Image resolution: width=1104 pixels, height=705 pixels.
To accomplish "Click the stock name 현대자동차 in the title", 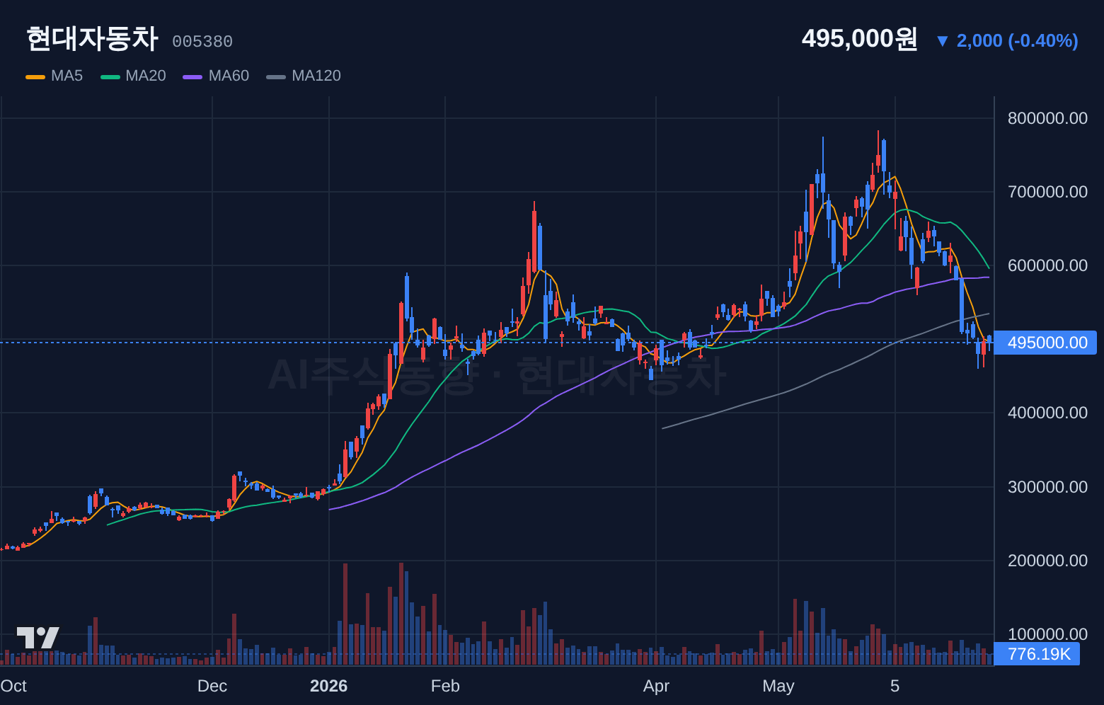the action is (x=92, y=39).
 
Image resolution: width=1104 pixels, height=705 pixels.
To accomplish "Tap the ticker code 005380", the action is (x=202, y=42).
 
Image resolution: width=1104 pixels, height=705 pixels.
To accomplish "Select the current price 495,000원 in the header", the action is (x=860, y=39).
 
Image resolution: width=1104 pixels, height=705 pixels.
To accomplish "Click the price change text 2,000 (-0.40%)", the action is (x=1017, y=41).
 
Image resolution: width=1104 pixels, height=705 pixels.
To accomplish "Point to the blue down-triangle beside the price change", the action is (x=943, y=41).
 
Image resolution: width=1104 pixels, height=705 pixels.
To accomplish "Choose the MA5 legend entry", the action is (x=54, y=76).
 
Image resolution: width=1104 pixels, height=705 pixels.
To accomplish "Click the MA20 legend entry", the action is (x=133, y=76).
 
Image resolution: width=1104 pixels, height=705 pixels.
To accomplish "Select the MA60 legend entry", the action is (x=216, y=76).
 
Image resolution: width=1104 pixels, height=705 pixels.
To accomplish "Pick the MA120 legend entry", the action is (x=303, y=76).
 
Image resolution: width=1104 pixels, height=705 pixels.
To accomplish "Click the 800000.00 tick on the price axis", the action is (x=1047, y=118).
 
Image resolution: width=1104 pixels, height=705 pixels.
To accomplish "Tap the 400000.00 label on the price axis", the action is (x=1047, y=413).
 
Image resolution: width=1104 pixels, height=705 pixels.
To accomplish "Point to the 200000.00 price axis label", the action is (x=1047, y=561).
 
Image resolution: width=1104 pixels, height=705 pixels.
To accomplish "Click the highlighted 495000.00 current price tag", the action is (x=1045, y=343).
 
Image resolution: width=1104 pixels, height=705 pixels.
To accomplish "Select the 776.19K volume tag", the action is (x=1037, y=654).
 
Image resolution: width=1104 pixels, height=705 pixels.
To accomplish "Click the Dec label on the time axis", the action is (x=212, y=686).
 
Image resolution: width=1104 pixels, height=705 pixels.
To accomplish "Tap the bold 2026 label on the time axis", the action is (x=329, y=686).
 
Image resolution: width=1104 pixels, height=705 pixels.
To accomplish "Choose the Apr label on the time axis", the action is (x=656, y=686).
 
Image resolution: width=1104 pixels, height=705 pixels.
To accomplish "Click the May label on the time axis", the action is (x=778, y=686).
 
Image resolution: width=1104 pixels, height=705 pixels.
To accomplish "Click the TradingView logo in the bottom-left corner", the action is (x=38, y=638).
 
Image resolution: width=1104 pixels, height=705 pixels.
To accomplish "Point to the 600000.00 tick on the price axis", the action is (x=1047, y=265).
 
